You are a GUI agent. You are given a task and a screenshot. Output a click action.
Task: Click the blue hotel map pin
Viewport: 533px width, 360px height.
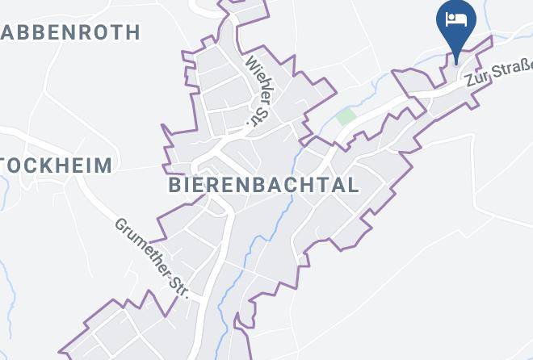click(x=456, y=23)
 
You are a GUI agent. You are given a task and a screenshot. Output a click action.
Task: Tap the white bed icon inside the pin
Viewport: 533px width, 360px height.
click(x=456, y=19)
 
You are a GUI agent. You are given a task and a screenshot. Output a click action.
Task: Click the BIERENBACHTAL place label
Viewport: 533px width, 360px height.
click(x=263, y=185)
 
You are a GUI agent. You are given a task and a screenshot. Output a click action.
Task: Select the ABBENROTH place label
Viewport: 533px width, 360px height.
click(x=71, y=32)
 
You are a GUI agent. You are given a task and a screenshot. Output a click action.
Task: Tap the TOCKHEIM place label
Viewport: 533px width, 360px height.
click(x=57, y=165)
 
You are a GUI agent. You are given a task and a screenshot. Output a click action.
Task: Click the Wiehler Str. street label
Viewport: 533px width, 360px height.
click(x=256, y=91)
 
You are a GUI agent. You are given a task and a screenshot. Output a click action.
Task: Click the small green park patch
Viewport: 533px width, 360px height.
click(x=346, y=117)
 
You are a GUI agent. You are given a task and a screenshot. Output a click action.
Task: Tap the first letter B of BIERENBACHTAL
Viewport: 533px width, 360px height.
click(x=174, y=185)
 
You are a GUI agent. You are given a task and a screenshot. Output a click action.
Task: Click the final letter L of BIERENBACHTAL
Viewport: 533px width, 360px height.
click(x=353, y=185)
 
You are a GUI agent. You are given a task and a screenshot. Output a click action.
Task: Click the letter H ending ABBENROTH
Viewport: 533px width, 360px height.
click(x=132, y=32)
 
